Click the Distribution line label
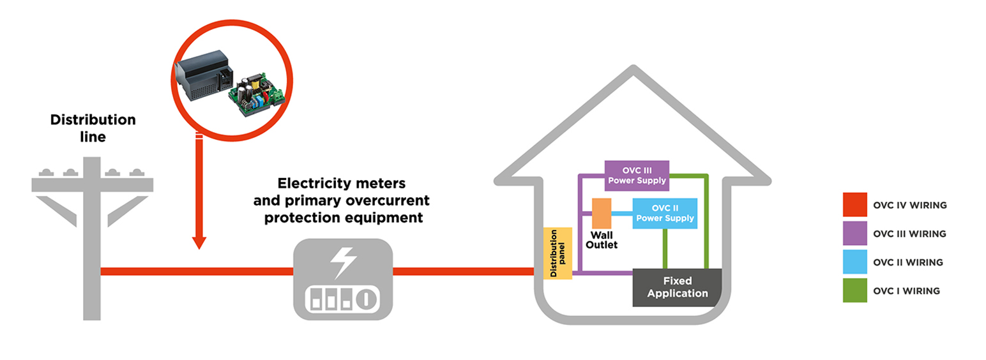click(x=93, y=128)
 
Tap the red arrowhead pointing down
click(x=199, y=242)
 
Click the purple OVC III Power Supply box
click(x=637, y=176)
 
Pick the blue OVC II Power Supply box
click(x=664, y=213)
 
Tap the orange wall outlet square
click(x=602, y=213)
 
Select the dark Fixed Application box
click(x=677, y=287)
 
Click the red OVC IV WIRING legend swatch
click(x=854, y=205)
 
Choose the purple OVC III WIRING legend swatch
click(x=854, y=234)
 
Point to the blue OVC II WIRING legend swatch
click(x=854, y=262)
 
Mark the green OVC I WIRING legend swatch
click(x=854, y=290)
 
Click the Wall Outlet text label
click(x=602, y=239)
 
